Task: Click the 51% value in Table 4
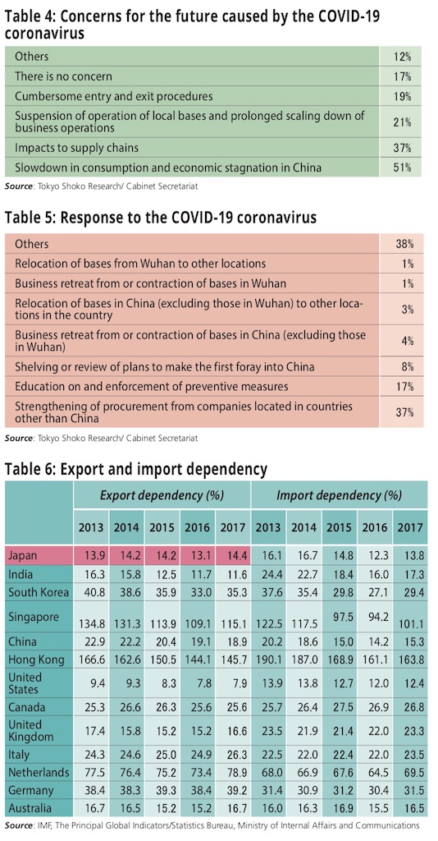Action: [402, 168]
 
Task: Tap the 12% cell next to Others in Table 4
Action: [402, 57]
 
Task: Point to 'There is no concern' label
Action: [63, 76]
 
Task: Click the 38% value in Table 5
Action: [404, 244]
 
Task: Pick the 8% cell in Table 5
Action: [406, 367]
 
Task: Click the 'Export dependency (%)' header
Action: [162, 494]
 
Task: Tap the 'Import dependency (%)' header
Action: [339, 494]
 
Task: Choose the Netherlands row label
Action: [39, 773]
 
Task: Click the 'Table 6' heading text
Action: [30, 469]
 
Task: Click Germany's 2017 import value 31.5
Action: [409, 791]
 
